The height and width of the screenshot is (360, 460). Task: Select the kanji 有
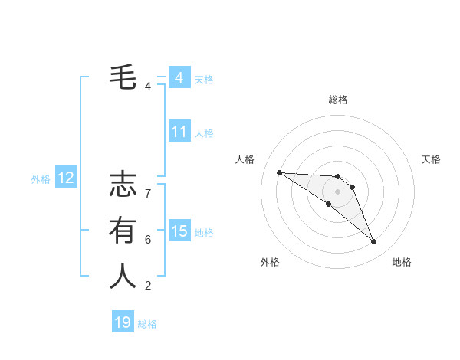(x=123, y=230)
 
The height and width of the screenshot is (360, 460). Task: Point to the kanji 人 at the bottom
(x=123, y=276)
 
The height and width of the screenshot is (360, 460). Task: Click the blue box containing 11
(x=179, y=132)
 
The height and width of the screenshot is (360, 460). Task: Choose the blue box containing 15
(x=179, y=231)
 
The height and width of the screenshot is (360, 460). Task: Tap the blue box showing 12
(x=66, y=178)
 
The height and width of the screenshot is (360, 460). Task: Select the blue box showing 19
(x=123, y=322)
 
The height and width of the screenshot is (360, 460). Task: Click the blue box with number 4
(x=179, y=78)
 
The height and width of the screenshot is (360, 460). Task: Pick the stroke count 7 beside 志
(x=148, y=194)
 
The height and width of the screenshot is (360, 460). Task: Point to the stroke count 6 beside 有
(x=148, y=240)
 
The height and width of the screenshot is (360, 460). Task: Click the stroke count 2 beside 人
(x=148, y=286)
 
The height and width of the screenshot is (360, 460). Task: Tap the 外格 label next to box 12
(x=41, y=179)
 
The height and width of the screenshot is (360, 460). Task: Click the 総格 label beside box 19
(x=147, y=324)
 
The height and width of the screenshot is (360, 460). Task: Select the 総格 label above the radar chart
(x=337, y=100)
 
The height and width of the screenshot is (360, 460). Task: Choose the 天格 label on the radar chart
(x=431, y=159)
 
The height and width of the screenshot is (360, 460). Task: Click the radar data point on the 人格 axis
(x=279, y=172)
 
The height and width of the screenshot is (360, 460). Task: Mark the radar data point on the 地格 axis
(x=373, y=242)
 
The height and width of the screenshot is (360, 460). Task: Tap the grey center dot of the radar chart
(x=337, y=191)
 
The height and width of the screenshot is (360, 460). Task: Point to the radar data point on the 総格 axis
(x=337, y=177)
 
